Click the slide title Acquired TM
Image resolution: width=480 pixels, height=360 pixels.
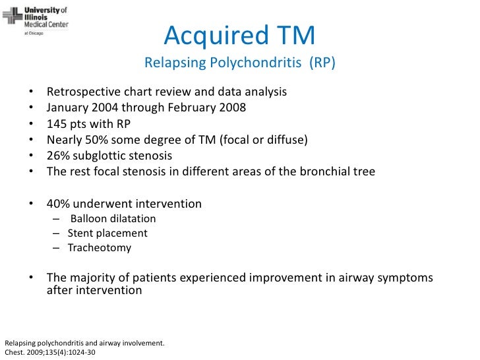point(239,36)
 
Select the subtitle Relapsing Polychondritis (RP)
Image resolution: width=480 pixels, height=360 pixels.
point(240,64)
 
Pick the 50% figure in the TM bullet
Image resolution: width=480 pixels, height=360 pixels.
point(94,140)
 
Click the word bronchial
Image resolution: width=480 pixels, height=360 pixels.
point(313,172)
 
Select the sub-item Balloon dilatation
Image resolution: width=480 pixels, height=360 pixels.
point(113,219)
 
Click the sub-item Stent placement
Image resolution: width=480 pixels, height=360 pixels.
point(107,233)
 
